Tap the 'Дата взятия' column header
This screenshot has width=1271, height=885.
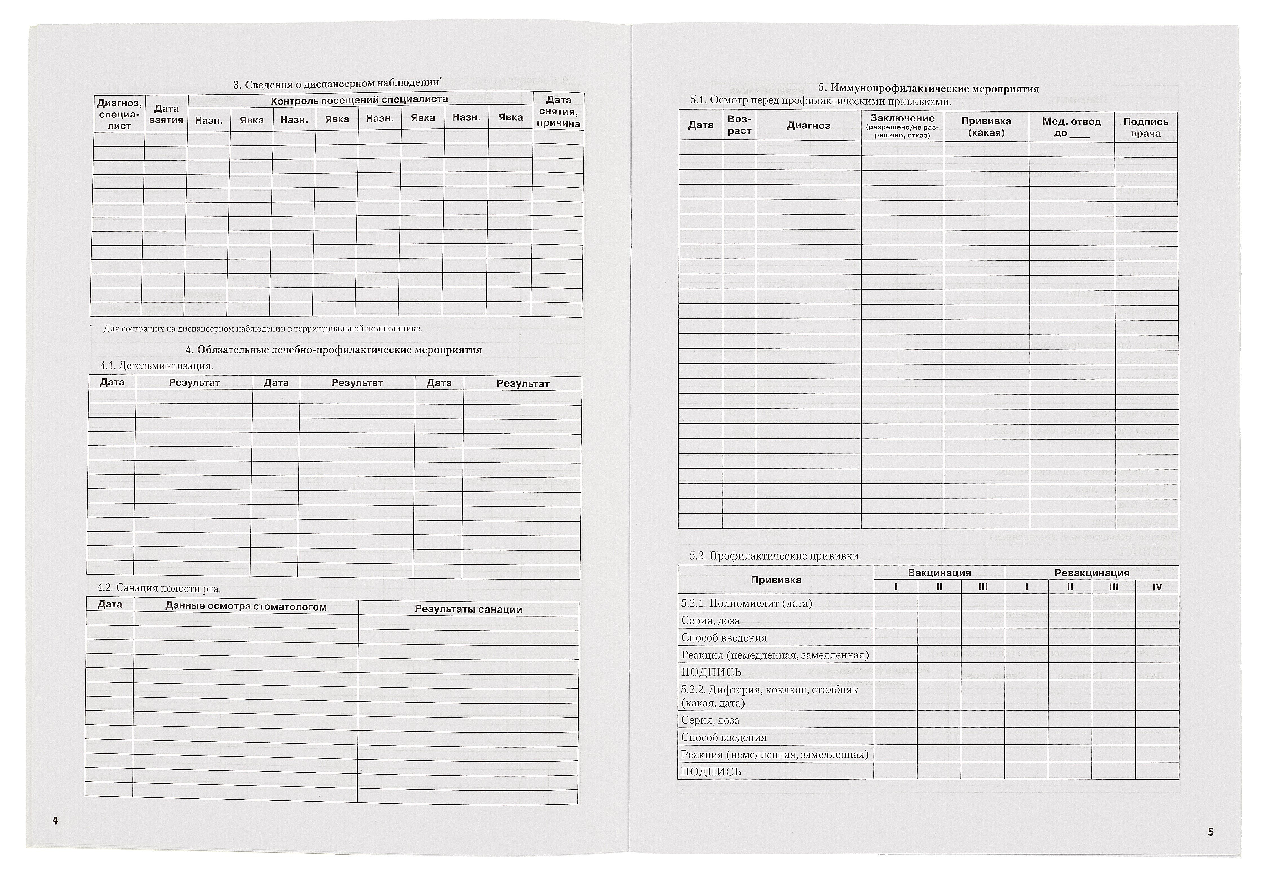pyautogui.click(x=166, y=114)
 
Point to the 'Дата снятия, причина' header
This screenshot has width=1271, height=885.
pyautogui.click(x=558, y=111)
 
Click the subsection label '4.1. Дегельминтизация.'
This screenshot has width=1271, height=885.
pyautogui.click(x=157, y=366)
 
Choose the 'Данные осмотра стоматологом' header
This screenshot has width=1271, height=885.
pyautogui.click(x=246, y=607)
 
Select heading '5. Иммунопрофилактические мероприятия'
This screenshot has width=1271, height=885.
pyautogui.click(x=928, y=88)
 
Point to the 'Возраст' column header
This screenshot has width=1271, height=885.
pyautogui.click(x=739, y=125)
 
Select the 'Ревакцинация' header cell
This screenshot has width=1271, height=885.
pyautogui.click(x=1092, y=573)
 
